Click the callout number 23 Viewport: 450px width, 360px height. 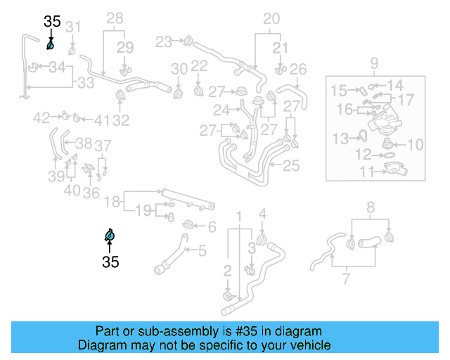[164, 41]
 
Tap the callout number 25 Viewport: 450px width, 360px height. [291, 167]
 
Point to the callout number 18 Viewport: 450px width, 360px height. [112, 202]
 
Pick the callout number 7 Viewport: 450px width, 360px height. [345, 280]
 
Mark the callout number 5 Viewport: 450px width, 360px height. [202, 250]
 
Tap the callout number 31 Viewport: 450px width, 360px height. [74, 27]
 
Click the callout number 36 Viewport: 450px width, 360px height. [91, 192]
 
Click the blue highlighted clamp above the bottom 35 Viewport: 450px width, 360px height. [109, 236]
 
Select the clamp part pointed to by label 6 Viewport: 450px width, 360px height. [188, 225]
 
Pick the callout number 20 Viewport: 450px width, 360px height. [271, 19]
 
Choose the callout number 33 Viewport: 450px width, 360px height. [85, 83]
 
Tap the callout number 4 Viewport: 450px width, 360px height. [262, 214]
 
